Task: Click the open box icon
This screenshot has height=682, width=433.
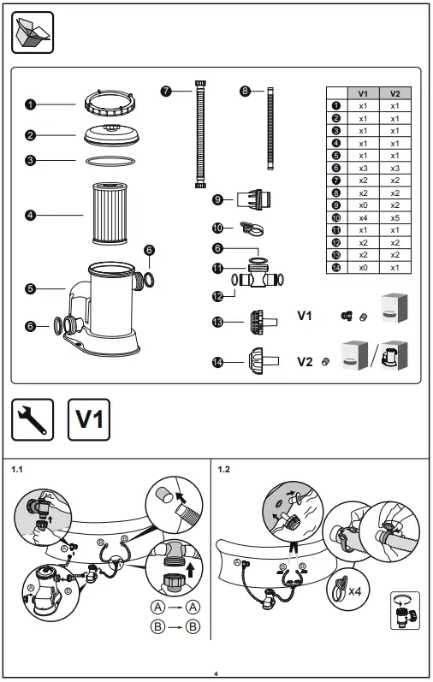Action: (x=33, y=33)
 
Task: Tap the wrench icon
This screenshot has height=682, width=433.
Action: (x=33, y=419)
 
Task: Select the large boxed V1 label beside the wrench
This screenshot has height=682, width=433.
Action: (x=88, y=419)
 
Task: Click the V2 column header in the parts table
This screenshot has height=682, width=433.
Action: (x=394, y=93)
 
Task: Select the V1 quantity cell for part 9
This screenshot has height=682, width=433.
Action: (x=363, y=205)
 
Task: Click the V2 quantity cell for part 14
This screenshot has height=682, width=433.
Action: (x=394, y=268)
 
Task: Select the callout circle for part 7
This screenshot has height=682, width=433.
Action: (x=165, y=89)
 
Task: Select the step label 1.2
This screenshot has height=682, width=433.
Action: (x=225, y=469)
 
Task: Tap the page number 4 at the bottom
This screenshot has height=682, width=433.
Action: (x=216, y=673)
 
